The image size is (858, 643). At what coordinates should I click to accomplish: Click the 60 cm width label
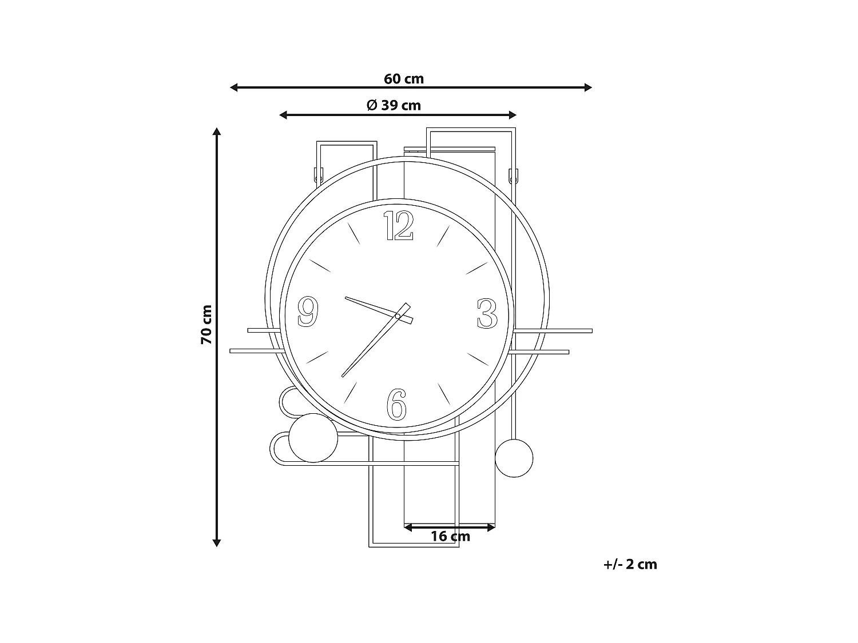point(404,79)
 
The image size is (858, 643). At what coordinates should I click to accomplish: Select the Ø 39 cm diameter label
point(394,106)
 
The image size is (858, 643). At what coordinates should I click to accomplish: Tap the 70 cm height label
point(206,325)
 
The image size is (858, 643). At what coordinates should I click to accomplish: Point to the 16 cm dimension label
point(450,536)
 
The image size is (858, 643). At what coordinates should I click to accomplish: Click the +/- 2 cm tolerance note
point(630,565)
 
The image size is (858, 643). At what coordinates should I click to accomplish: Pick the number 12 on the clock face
point(398,225)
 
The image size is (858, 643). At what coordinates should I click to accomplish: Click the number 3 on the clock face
point(487,314)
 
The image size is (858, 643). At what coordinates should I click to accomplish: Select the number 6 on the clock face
point(396,405)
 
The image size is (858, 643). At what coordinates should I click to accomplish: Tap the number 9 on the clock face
point(308,312)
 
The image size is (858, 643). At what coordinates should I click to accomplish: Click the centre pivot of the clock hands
point(398,315)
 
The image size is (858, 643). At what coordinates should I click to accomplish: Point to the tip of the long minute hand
point(343,376)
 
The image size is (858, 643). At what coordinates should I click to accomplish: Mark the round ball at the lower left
point(313,438)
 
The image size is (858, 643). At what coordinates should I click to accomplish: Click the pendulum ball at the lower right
point(514,458)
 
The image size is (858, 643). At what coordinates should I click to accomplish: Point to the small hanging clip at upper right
point(513,174)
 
